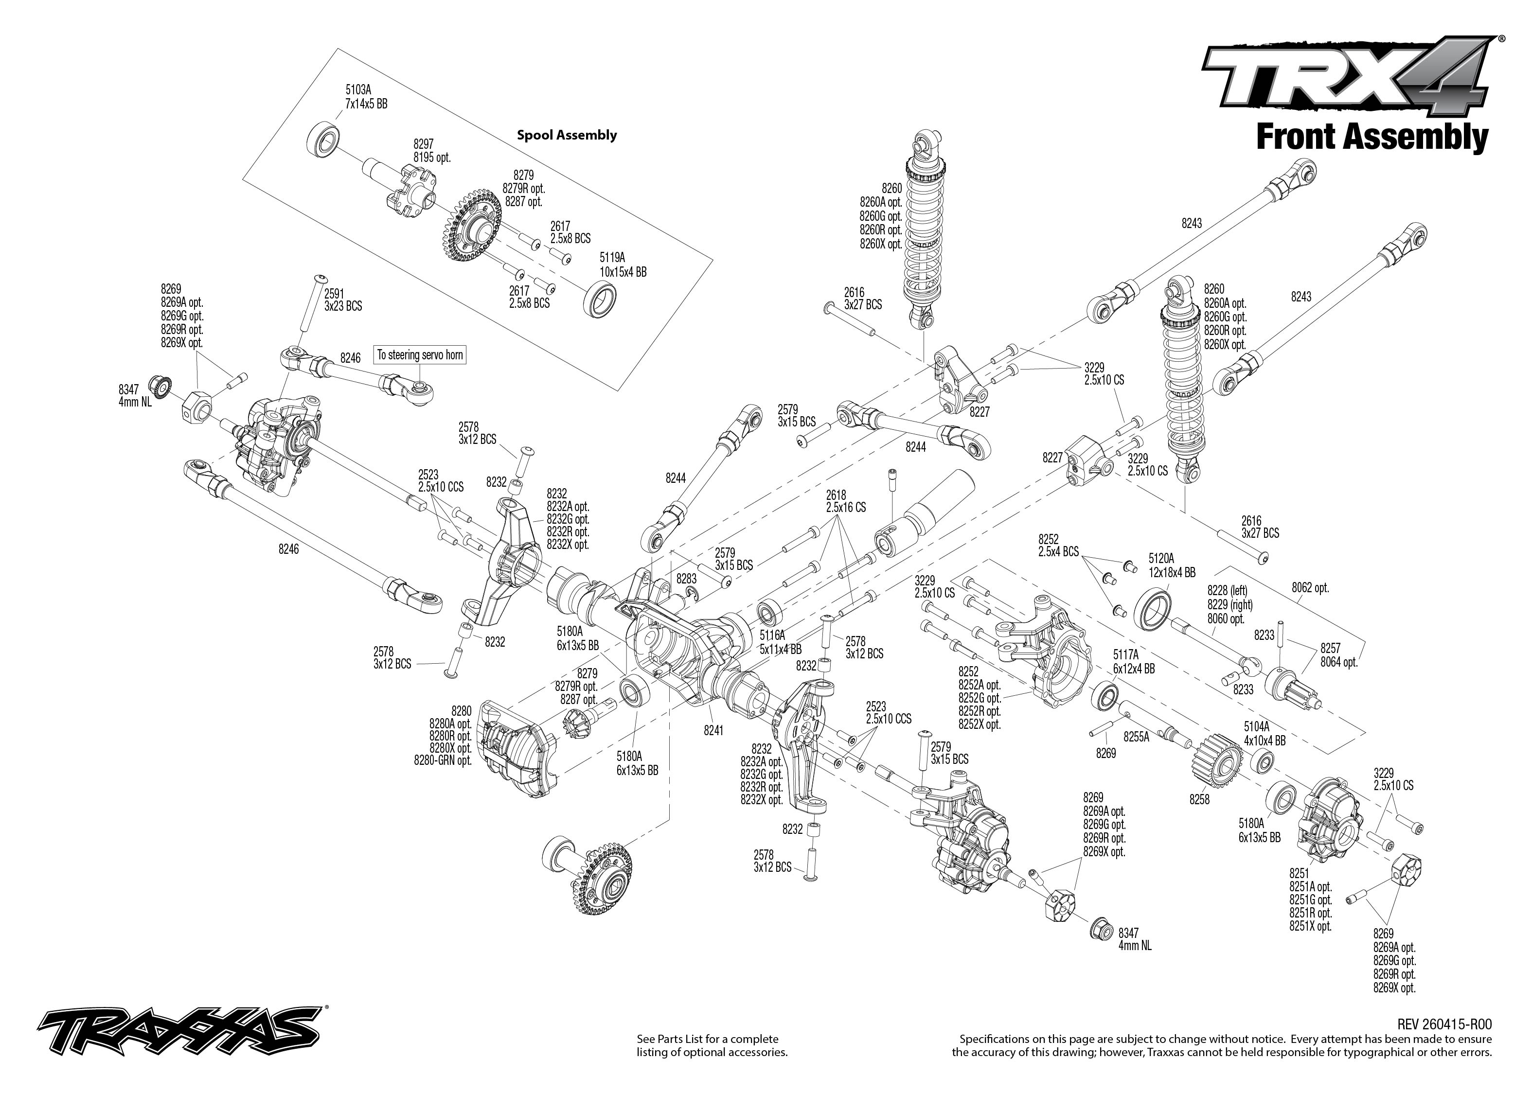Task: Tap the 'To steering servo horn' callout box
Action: coord(420,355)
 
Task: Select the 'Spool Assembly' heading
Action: coord(567,135)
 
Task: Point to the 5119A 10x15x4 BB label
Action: coord(623,265)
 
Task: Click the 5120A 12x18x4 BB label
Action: coord(1172,565)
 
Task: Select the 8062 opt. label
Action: coord(1310,587)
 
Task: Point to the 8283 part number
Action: coord(687,579)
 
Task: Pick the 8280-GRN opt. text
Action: coord(443,760)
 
